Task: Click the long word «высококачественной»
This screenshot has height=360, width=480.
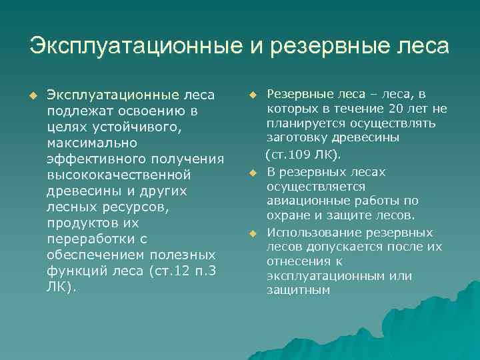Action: [119, 175]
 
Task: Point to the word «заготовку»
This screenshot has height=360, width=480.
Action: [298, 138]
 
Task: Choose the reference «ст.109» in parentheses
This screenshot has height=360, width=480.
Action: [290, 155]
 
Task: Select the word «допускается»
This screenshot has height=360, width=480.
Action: [341, 247]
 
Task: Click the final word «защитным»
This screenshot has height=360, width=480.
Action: [298, 291]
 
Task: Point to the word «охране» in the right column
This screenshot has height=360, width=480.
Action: [289, 216]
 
